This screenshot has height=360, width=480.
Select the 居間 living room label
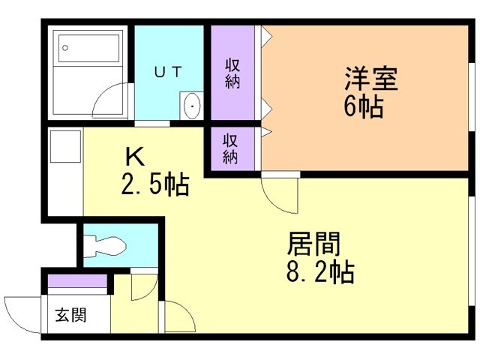pyautogui.click(x=314, y=244)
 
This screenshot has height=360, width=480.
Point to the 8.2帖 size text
pyautogui.click(x=319, y=271)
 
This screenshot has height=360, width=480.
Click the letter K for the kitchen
pyautogui.click(x=134, y=157)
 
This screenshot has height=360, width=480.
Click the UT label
pyautogui.click(x=168, y=72)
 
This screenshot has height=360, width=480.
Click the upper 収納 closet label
pyautogui.click(x=232, y=73)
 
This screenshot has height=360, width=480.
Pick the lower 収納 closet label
pyautogui.click(x=231, y=148)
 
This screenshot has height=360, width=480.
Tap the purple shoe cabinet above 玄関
pyautogui.click(x=76, y=283)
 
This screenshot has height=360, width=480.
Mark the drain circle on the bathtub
pyautogui.click(x=65, y=47)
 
